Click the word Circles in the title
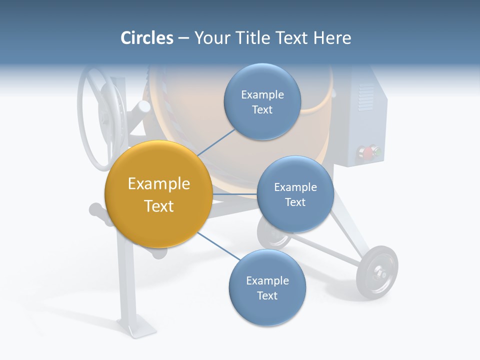[146, 38]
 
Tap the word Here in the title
[332, 38]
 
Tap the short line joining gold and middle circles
[234, 193]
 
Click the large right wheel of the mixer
[377, 272]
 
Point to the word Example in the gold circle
[158, 184]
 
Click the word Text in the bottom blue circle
[267, 295]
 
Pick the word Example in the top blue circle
[262, 94]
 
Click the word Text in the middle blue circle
[295, 202]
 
